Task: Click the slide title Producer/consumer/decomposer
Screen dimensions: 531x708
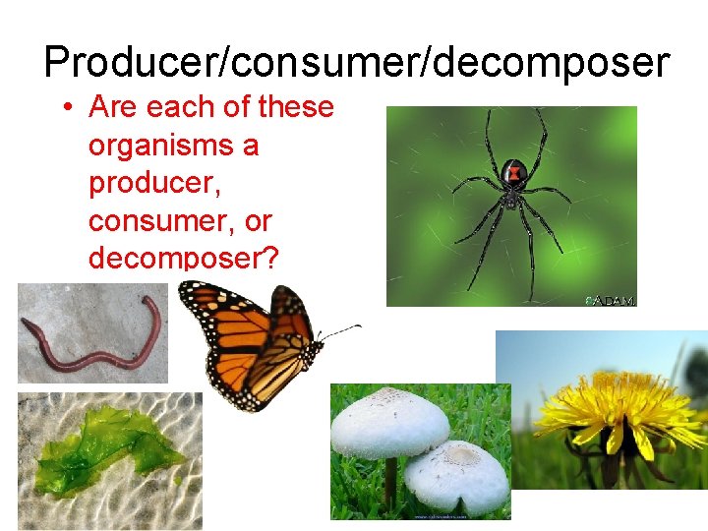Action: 356,62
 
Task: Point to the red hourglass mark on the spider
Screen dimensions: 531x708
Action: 514,175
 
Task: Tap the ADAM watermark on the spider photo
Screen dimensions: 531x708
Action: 612,300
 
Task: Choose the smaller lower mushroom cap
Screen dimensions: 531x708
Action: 457,472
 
